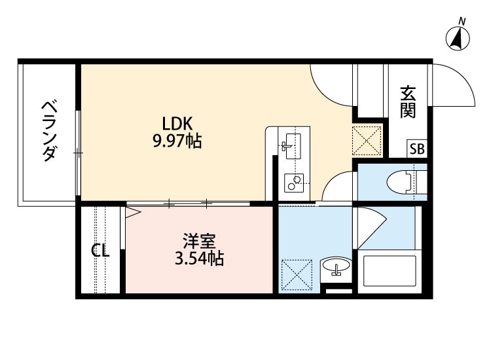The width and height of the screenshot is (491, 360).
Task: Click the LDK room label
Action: pos(176,123)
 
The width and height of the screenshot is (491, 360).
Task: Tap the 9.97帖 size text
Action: pos(177,140)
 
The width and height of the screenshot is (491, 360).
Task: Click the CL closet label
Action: pos(100,251)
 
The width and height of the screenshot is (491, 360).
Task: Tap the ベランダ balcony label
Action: pos(49,131)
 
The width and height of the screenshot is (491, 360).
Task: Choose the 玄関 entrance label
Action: pos(408,101)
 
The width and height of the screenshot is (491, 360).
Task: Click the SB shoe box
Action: pos(417,149)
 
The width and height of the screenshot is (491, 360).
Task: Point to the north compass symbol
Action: pos(458,39)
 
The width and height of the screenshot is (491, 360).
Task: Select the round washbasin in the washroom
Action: pos(336,267)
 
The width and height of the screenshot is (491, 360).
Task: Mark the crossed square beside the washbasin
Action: pos(296,274)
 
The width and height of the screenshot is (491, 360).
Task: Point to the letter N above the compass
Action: pos(462,22)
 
